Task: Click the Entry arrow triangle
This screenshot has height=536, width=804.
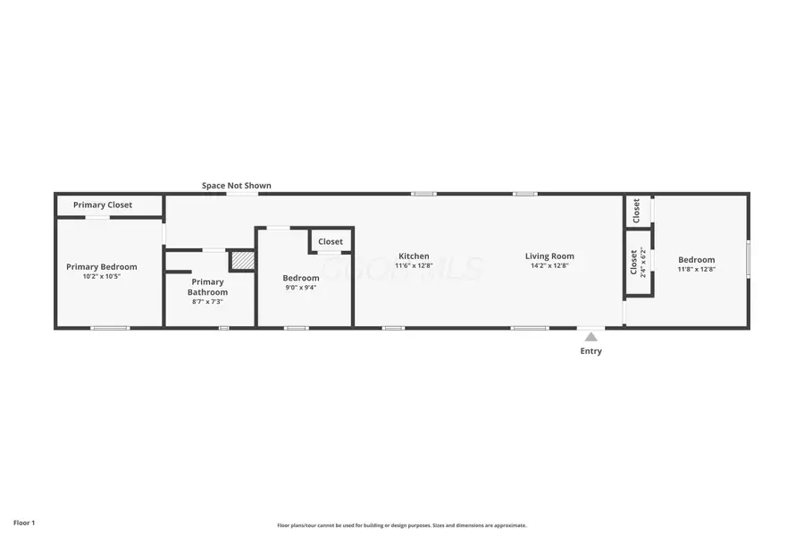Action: pos(590,336)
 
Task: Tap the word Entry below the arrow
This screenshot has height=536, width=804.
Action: pos(590,351)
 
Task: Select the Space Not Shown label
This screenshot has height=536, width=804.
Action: pos(236,186)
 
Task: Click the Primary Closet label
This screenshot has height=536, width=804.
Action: pos(103,205)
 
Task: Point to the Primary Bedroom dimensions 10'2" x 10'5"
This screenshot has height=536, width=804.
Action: pos(102,277)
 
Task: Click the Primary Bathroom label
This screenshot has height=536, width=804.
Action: pos(207,287)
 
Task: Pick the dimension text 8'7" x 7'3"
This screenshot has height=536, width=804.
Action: pos(207,302)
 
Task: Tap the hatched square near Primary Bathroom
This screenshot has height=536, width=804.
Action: pos(243,260)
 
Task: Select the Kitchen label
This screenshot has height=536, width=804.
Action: pos(414,256)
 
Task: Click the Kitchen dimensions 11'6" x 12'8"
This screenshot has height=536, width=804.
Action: pos(414,265)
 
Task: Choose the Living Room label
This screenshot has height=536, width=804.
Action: pos(549,256)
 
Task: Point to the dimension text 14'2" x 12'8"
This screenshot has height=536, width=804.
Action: pos(549,265)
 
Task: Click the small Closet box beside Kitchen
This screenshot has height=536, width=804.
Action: pos(331,241)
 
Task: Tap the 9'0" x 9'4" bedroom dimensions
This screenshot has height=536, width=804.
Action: pos(301,288)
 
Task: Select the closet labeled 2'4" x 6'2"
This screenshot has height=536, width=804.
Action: pos(638,262)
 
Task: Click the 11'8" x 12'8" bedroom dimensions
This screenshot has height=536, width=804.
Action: pos(696,269)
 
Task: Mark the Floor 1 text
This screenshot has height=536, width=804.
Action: pos(24,522)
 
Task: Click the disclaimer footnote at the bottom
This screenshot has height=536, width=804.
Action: pos(402,525)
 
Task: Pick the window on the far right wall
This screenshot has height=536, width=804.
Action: pos(749,259)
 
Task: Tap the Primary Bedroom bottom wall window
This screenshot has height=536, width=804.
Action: pos(110,328)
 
